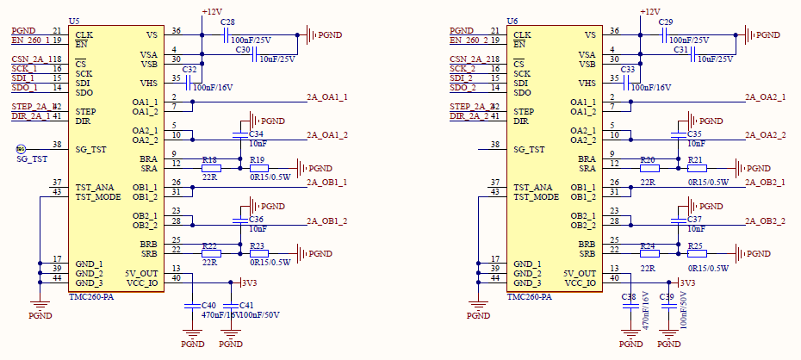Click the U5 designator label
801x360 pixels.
(74, 21)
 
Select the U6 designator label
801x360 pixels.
(512, 21)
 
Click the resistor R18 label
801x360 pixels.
(209, 160)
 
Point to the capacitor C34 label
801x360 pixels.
(256, 135)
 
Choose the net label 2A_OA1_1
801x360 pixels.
(326, 97)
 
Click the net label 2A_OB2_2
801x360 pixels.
(765, 221)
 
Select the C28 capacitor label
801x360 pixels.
(227, 21)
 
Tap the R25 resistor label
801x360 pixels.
(695, 246)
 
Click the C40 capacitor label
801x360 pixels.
(208, 306)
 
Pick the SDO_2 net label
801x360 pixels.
(463, 87)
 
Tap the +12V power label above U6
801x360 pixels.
(650, 11)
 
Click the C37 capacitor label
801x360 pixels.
(695, 220)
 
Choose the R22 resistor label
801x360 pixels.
(209, 245)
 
